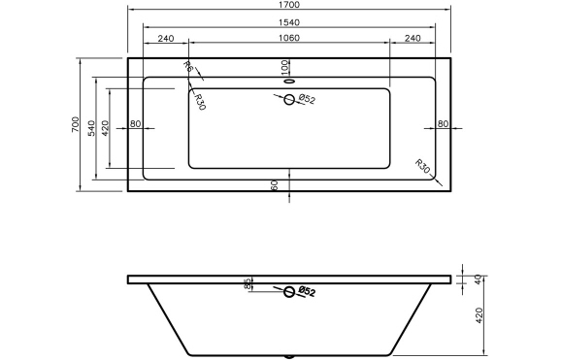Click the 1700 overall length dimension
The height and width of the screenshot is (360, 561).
point(288,6)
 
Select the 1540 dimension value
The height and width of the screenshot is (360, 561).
point(288,22)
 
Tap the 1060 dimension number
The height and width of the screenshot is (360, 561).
point(288,39)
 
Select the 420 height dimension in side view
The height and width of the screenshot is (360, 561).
point(478,317)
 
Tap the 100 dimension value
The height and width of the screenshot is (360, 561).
point(284,66)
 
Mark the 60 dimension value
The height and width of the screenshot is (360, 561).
point(275,184)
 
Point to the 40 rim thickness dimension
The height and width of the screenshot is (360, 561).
point(478,279)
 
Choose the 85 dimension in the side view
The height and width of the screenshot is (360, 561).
point(248,284)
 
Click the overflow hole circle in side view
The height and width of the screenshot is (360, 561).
point(288,290)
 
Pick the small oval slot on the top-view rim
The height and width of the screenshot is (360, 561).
point(288,82)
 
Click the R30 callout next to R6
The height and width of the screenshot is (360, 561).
point(198,101)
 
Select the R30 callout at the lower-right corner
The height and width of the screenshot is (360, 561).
point(423,167)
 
